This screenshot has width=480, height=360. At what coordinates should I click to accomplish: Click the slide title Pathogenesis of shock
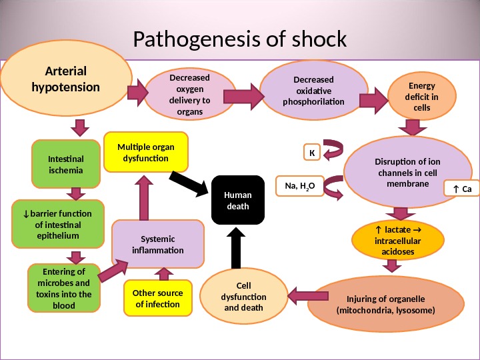[x=240, y=39]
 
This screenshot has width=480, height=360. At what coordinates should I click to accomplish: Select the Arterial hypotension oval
[x=66, y=79]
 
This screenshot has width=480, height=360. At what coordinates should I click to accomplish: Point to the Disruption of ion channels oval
[x=398, y=172]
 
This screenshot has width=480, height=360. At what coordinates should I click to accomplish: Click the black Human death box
[x=238, y=201]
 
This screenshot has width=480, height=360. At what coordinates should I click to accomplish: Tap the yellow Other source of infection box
[x=157, y=299]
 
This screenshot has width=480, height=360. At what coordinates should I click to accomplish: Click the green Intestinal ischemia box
[x=65, y=165]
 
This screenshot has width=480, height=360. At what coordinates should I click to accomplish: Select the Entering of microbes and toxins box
[x=64, y=289]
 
